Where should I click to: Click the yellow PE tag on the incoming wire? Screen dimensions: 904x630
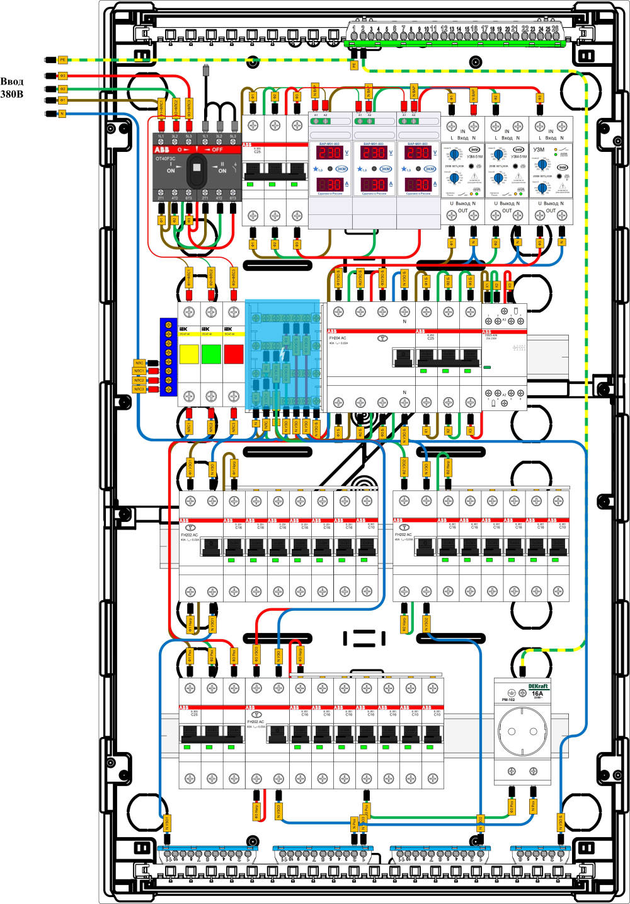62,60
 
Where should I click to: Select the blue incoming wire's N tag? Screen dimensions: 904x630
62,113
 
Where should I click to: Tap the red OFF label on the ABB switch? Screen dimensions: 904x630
217,150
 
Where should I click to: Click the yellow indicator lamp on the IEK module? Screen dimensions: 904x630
189,354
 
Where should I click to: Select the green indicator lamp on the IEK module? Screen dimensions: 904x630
211,354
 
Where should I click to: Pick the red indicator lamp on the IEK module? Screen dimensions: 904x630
233,354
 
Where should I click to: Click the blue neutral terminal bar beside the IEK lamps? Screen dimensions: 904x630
168,357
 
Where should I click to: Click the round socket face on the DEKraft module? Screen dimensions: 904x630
522,731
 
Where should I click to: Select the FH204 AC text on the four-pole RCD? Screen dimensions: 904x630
338,339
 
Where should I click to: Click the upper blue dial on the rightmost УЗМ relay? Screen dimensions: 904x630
542,166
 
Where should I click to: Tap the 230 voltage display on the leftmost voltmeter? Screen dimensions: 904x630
330,153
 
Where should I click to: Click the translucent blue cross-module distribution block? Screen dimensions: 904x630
282,353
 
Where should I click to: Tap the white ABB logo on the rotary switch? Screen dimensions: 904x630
162,150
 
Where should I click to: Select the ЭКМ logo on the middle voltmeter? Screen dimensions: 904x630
385,169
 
